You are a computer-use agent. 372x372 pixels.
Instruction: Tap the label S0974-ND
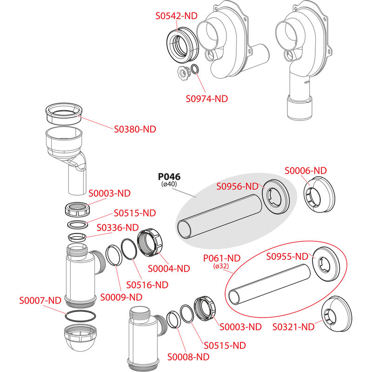pos(206,99)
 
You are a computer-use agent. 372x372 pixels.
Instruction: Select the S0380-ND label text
pos(135,129)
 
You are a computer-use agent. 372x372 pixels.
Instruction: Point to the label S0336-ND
pos(118,227)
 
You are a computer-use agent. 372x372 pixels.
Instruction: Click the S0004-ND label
pos(169,268)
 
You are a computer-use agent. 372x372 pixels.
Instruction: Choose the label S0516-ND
pos(147,285)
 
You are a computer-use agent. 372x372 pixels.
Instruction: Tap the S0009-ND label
pos(121,296)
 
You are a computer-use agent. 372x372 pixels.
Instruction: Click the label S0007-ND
pos(40,300)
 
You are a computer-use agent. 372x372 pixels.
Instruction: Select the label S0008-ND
pos(188,357)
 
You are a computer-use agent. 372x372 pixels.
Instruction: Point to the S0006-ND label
pos(306,171)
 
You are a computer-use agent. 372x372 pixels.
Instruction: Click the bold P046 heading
pos(169,177)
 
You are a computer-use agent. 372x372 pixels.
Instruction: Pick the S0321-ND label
pos(292,326)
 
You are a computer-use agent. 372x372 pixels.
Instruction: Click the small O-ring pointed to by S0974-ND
pos(196,69)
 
